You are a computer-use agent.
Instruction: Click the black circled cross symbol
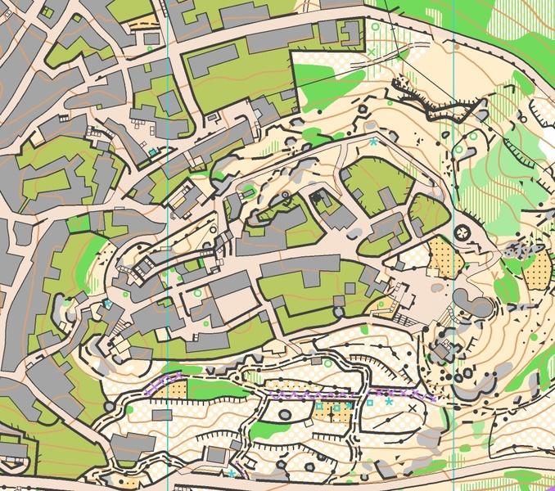pyautogui.click(x=462, y=233)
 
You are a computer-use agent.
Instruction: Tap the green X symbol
pyautogui.click(x=372, y=52)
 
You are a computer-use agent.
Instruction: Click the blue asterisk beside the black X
pyautogui.click(x=389, y=402)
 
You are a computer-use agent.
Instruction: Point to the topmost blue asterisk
pyautogui.click(x=373, y=142)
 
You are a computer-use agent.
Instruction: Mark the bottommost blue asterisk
pyautogui.click(x=232, y=474)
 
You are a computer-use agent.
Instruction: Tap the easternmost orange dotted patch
pyautogui.click(x=539, y=270)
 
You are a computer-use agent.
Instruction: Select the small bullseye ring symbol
pyautogui.click(x=285, y=196)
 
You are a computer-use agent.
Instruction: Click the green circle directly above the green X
pyautogui.click(x=376, y=27)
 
